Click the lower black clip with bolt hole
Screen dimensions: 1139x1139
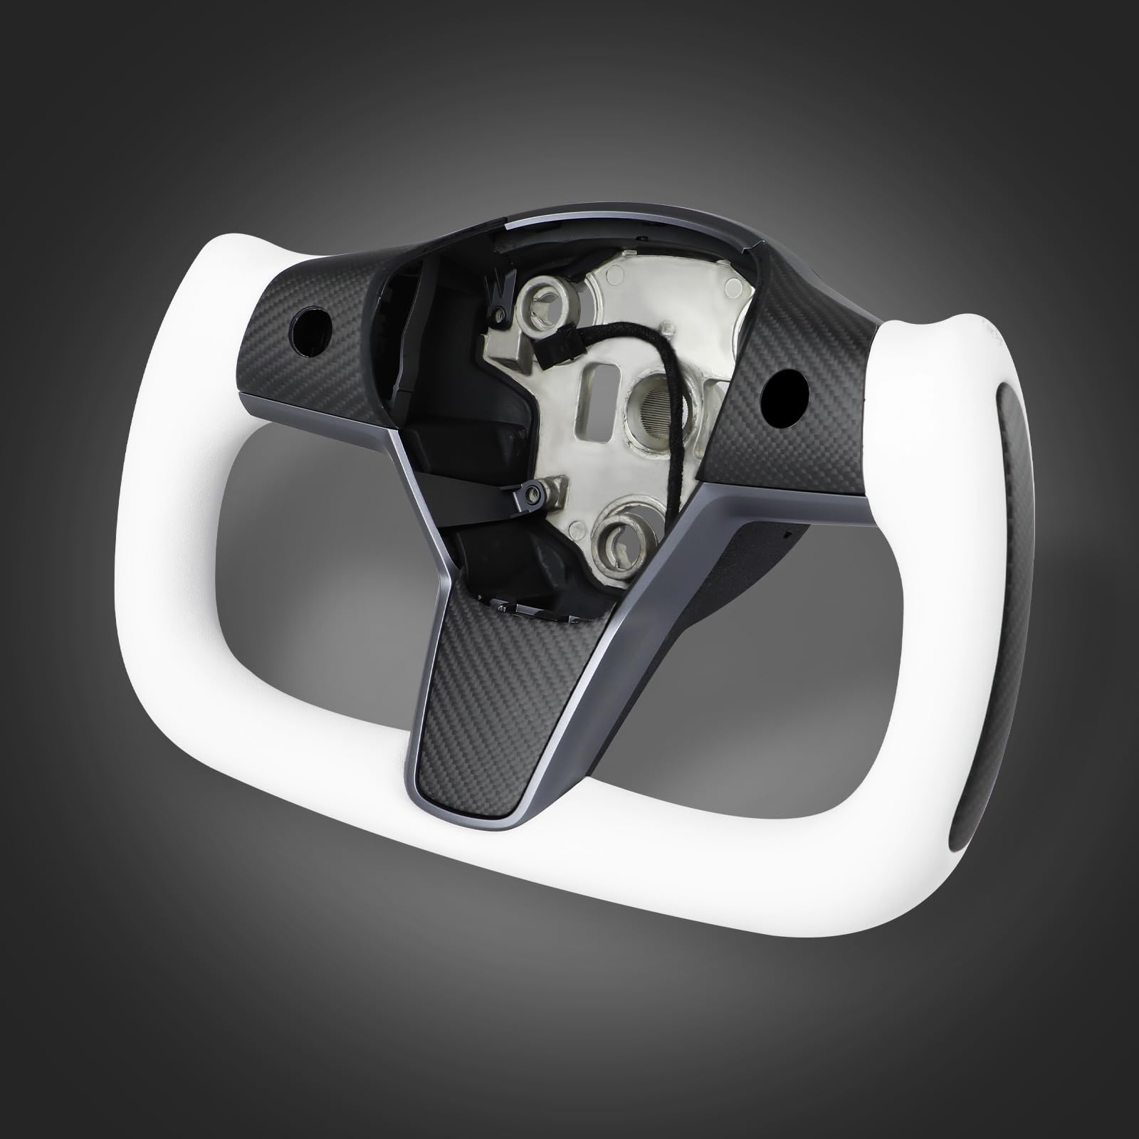[x=531, y=493]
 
